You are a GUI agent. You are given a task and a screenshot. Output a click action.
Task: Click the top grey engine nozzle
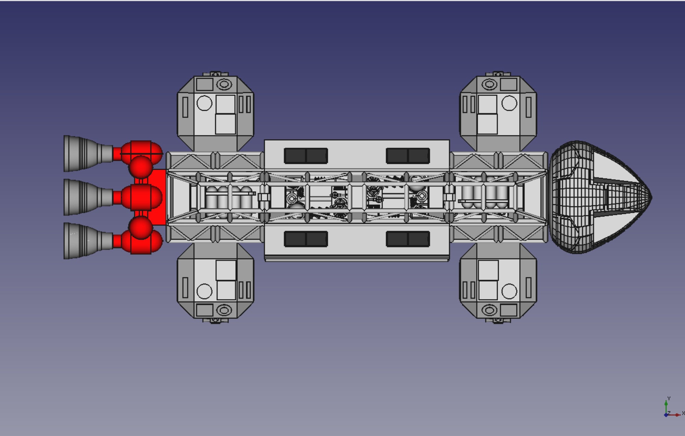82,154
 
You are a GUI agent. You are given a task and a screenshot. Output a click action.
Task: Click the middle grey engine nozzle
82,197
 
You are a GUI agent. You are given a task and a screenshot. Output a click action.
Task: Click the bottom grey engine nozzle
82,241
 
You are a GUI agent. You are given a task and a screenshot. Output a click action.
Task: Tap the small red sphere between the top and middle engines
140,167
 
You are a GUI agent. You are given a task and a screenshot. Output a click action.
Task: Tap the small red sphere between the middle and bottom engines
140,227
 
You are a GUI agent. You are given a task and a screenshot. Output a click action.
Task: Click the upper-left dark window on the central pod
306,156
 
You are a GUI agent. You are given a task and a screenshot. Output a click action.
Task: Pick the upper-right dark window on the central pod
408,156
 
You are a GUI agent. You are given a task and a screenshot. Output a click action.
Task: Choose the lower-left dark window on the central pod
306,239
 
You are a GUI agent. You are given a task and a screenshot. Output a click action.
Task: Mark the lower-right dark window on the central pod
408,239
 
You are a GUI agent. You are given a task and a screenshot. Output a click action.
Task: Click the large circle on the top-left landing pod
204,103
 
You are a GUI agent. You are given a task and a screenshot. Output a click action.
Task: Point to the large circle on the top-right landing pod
509,103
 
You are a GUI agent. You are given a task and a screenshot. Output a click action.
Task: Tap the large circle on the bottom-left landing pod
204,291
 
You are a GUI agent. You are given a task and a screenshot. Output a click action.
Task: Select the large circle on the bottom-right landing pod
509,291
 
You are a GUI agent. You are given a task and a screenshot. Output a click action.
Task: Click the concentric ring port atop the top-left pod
224,84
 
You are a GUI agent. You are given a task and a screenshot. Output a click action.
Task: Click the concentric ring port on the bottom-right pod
489,311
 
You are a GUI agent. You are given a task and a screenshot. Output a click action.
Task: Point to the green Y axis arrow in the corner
666,404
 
